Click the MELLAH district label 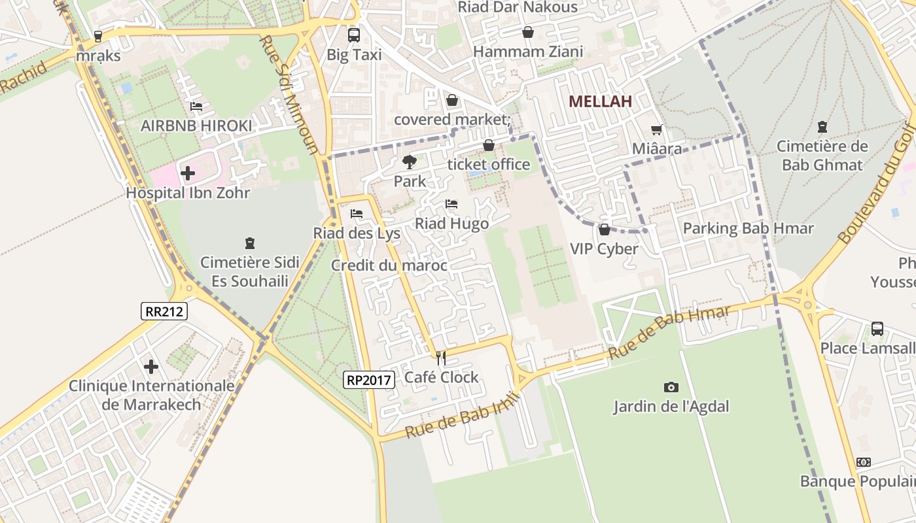click(600, 101)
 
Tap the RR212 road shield click(164, 311)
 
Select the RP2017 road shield click(369, 379)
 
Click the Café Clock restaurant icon click(441, 358)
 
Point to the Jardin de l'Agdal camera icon click(671, 388)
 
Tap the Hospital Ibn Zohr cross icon click(188, 173)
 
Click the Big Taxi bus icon click(354, 35)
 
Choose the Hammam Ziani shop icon click(527, 32)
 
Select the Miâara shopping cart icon click(656, 130)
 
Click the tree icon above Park click(410, 161)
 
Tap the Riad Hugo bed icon click(451, 204)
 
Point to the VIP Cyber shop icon click(604, 229)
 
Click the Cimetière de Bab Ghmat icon click(822, 127)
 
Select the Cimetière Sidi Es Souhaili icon click(249, 243)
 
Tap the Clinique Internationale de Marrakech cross click(151, 366)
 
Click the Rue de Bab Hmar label click(669, 332)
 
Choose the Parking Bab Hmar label click(748, 229)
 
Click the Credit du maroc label click(389, 265)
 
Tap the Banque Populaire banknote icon click(864, 462)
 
